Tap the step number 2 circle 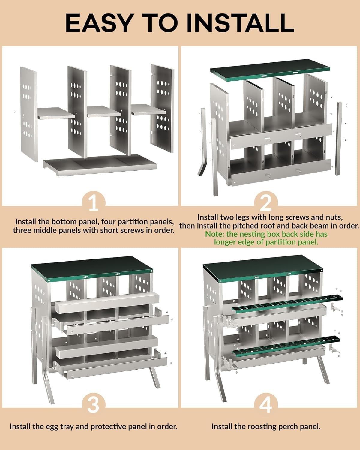(x=266, y=203)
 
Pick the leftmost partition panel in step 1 (x=29, y=114)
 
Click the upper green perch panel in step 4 (x=287, y=303)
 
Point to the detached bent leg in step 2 (x=202, y=142)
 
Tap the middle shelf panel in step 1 (x=104, y=112)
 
